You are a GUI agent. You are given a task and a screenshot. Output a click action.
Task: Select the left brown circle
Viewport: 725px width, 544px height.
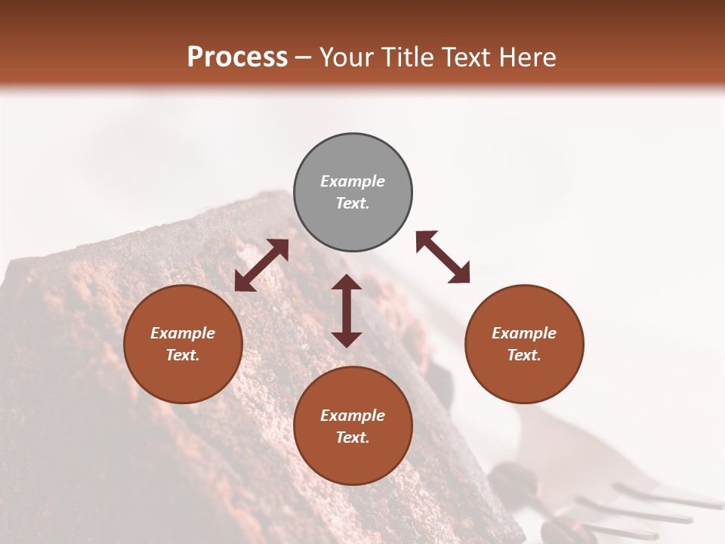[x=183, y=344]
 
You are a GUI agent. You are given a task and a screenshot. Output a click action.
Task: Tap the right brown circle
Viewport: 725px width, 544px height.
[x=524, y=344]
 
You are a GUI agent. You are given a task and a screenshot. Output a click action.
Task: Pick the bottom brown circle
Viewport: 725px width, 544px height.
[x=353, y=426]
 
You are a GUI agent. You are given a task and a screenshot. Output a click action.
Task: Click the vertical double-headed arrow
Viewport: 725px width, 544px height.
[x=347, y=311]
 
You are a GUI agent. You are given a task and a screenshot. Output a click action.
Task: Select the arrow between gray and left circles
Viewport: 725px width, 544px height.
[x=261, y=265]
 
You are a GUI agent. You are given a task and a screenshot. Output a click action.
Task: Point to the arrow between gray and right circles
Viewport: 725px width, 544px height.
[x=443, y=258]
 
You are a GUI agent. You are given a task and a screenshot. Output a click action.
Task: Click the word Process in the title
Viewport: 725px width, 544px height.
[x=237, y=57]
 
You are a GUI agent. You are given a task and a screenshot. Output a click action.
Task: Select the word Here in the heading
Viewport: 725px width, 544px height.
[x=529, y=57]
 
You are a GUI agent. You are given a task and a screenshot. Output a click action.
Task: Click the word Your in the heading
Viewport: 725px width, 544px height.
[x=347, y=57]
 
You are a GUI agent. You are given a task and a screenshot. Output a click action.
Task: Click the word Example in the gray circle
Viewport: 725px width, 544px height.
[x=353, y=181]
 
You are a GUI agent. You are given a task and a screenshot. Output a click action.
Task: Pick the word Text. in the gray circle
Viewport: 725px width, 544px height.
[x=353, y=203]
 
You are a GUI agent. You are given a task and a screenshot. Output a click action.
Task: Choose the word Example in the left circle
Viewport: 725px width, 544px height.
[x=183, y=333]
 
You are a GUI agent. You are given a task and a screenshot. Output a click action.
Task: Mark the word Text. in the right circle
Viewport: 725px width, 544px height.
[x=524, y=355]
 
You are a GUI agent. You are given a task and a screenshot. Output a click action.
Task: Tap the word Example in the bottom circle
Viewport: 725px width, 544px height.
[x=353, y=416]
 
